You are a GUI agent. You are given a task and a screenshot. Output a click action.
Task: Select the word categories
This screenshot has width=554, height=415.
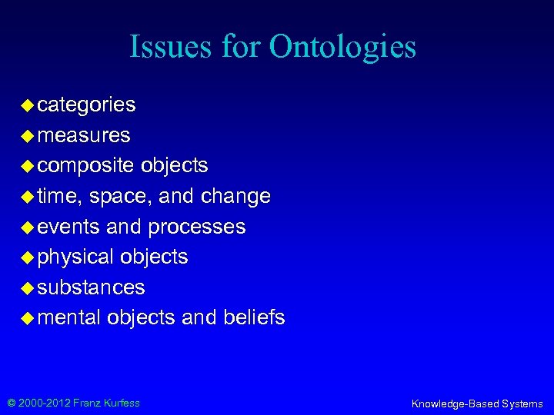coord(86,105)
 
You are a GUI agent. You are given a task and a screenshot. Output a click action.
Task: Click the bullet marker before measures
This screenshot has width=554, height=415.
coord(27,136)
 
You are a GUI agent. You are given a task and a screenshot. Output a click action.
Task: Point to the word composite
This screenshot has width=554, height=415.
coord(85,166)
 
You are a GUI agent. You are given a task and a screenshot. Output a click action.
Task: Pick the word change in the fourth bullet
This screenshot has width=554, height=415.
coord(235,197)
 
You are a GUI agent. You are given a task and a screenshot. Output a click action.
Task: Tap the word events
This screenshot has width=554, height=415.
coord(68,227)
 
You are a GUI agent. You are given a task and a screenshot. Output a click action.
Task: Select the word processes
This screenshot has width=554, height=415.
coord(197,227)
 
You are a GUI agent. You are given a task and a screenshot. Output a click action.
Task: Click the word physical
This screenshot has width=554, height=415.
coord(75,257)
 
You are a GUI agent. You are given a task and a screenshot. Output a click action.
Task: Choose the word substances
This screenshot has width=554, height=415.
coord(91,287)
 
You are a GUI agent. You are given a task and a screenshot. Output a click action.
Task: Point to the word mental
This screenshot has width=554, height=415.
coord(69,317)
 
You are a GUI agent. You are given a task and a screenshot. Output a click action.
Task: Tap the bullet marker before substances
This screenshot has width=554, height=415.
coord(27,287)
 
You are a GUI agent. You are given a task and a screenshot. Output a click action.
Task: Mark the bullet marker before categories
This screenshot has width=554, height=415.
coord(27,105)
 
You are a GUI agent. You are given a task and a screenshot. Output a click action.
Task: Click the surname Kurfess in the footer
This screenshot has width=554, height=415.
coord(122,403)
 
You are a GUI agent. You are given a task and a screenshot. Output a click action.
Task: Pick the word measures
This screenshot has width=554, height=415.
coord(84,136)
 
